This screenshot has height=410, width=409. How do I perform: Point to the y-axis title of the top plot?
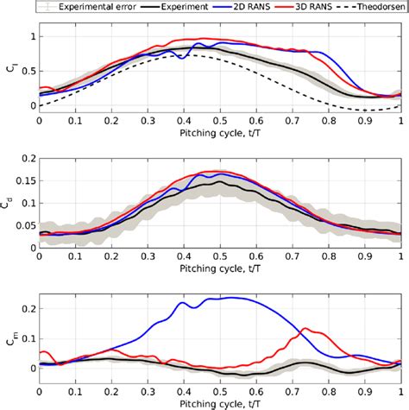[x=9, y=67]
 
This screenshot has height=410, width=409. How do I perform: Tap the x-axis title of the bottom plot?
[x=219, y=404]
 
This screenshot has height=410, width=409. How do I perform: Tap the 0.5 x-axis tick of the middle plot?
[x=219, y=257]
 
